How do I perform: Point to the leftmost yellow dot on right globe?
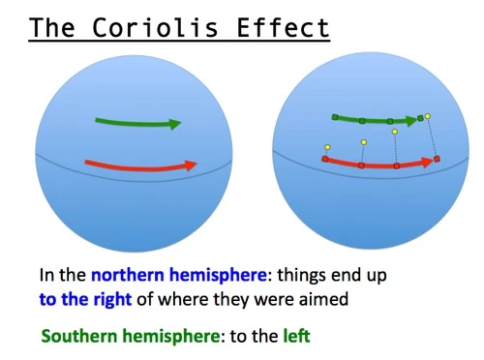328,147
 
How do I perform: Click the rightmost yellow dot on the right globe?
428,116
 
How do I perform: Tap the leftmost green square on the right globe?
335,117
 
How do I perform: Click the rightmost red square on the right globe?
437,158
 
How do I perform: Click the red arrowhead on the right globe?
428,161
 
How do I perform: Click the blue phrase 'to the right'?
84,299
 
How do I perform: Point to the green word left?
295,337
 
